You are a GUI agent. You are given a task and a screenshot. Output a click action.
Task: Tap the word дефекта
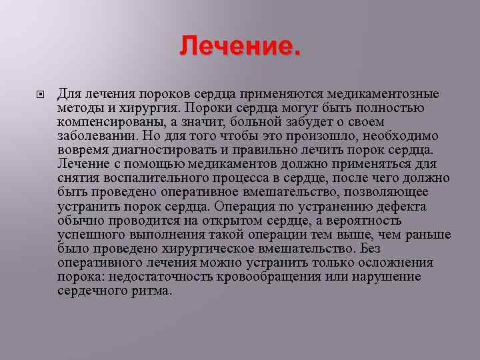tap(403, 207)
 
